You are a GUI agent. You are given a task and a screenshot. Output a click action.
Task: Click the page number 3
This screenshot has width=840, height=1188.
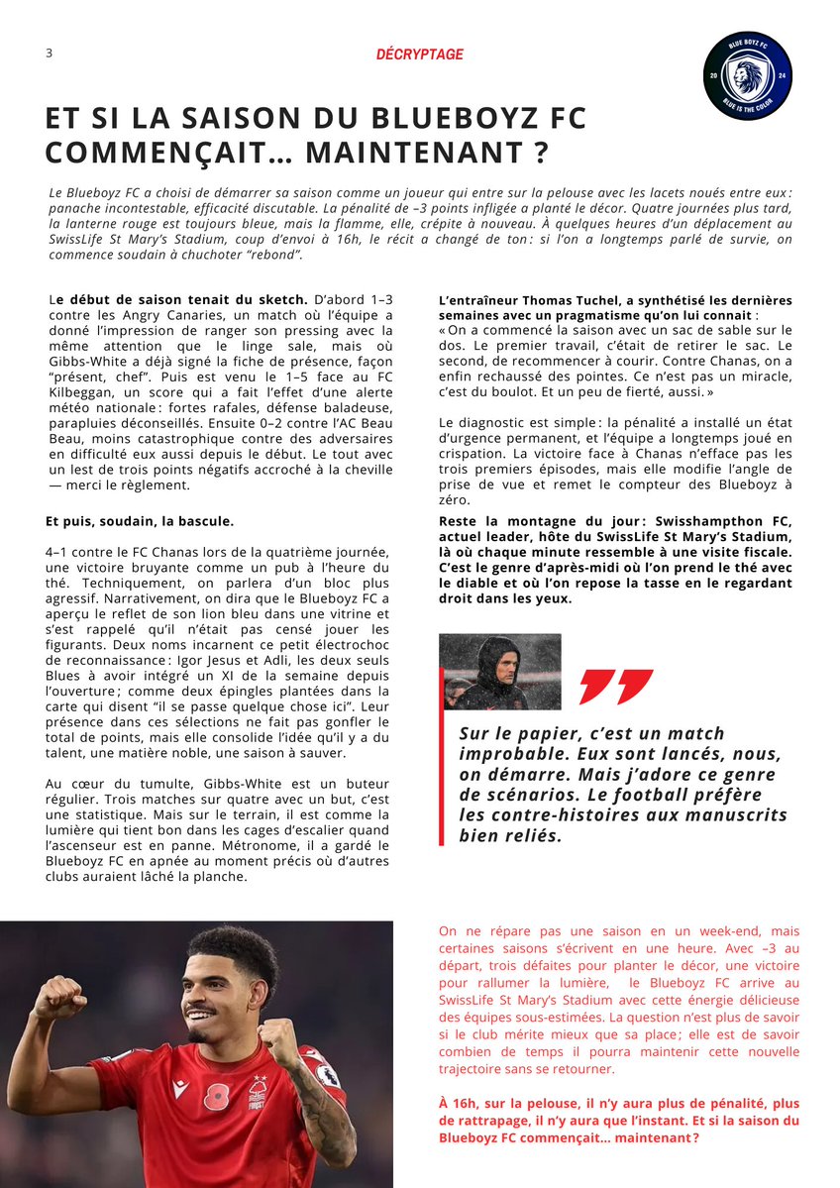click(49, 54)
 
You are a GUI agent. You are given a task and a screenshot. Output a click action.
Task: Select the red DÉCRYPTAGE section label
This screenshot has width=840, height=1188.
click(419, 54)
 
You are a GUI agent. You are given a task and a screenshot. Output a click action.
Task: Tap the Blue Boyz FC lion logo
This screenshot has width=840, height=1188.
click(747, 75)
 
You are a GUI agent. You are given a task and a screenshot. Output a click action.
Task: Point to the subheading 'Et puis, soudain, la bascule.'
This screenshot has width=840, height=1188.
click(140, 521)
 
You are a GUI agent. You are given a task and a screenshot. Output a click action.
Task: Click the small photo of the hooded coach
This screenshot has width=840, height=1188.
click(500, 671)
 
